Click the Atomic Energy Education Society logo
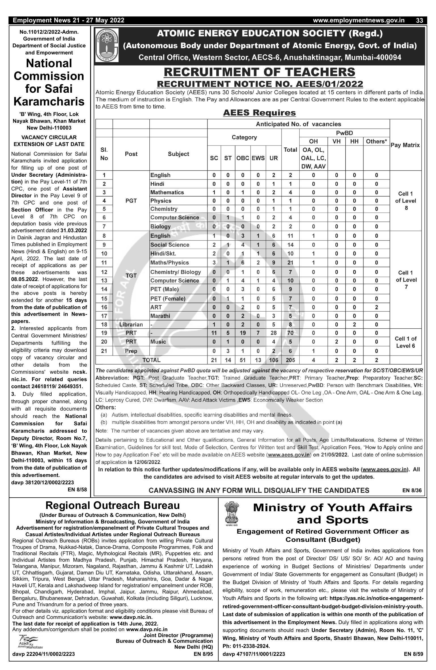click(107, 45)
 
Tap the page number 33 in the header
click(420, 20)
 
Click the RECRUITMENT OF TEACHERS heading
click(259, 72)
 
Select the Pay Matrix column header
click(405, 145)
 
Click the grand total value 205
click(290, 360)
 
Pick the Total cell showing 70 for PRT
click(290, 333)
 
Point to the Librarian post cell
click(131, 325)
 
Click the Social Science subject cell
click(170, 245)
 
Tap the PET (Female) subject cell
click(168, 299)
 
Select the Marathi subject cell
click(160, 316)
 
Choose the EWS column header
click(258, 158)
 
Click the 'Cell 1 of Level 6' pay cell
click(405, 342)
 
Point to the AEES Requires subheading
click(259, 113)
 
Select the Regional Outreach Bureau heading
click(113, 506)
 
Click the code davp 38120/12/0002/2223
click(43, 482)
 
